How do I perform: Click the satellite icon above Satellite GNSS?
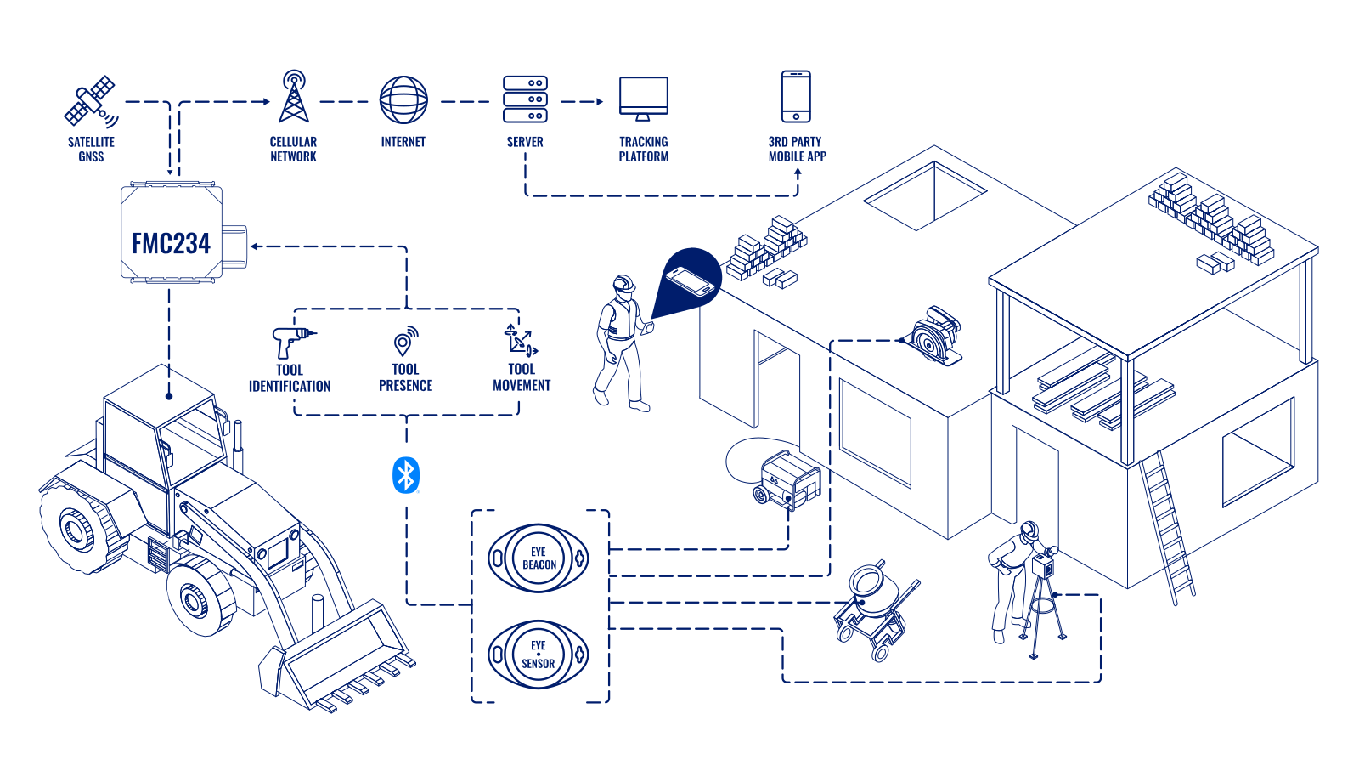tap(91, 101)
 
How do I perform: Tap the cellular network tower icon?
tap(294, 97)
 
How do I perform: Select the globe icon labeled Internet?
tap(403, 99)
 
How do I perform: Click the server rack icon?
tap(525, 99)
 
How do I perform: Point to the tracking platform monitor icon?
tap(644, 98)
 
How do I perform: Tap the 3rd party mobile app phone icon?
tap(796, 96)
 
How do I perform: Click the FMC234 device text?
tap(171, 243)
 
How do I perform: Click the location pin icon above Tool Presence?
tap(405, 341)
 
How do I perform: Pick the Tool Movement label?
tap(522, 377)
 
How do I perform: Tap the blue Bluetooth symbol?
tap(406, 475)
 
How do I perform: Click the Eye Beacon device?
tap(539, 558)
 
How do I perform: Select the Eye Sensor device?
tap(539, 654)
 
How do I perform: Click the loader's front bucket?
tap(340, 659)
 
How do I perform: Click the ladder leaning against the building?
tap(1168, 527)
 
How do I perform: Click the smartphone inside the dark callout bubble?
tap(690, 281)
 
